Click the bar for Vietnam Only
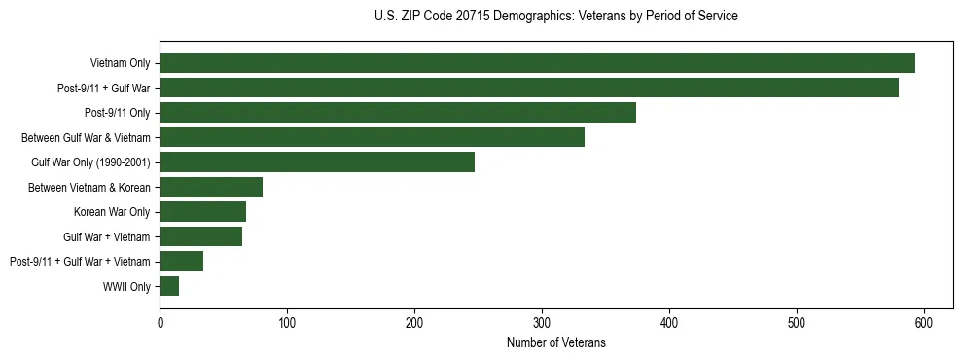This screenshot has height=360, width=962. point(537,63)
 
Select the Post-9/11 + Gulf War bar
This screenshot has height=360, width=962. point(529,89)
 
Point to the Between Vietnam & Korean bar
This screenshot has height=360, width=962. point(211,187)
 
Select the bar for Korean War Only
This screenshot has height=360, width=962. point(202,212)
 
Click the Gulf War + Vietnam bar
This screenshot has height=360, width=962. point(200,236)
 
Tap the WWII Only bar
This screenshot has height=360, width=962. point(169,286)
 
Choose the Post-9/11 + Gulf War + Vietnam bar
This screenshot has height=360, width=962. point(181,261)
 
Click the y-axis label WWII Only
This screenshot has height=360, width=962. point(126,286)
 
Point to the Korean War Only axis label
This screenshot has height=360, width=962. point(112,212)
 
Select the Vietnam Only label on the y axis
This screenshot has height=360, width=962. point(120,64)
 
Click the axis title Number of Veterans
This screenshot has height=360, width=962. point(555,342)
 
